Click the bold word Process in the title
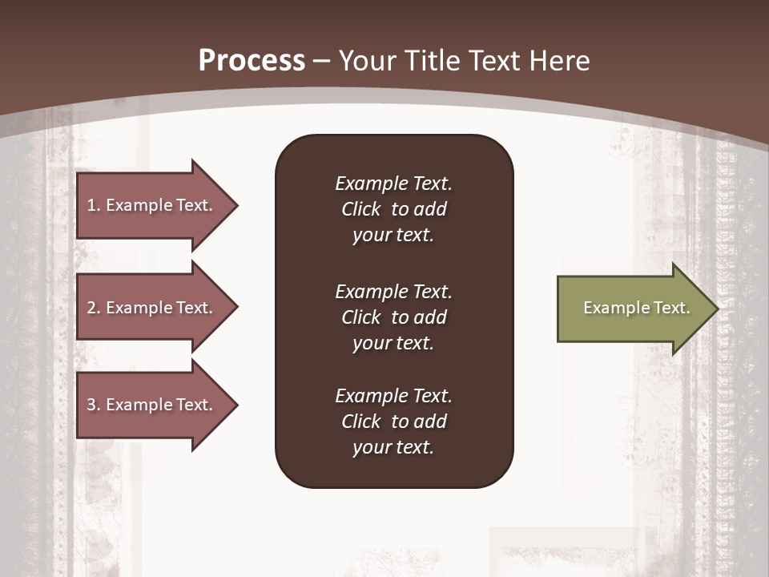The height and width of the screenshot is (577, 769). (x=252, y=61)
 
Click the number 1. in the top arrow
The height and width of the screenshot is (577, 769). (x=93, y=205)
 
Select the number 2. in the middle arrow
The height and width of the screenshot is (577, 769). (x=93, y=308)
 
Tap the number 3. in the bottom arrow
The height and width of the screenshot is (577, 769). (x=93, y=405)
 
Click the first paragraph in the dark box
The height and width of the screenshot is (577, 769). (x=393, y=209)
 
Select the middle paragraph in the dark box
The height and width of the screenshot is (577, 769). (x=393, y=317)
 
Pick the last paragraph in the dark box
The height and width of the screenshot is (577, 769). (x=393, y=422)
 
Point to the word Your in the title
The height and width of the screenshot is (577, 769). (x=364, y=61)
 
